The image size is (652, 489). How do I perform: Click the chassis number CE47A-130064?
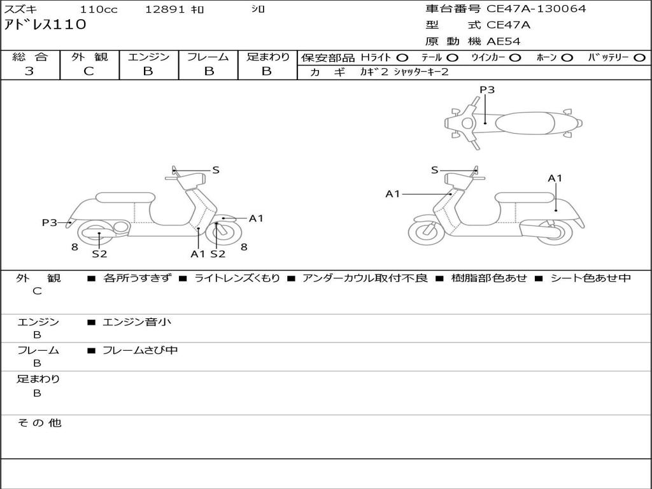[536, 9]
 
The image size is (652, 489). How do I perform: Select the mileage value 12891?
[165, 10]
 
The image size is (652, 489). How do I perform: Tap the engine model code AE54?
[504, 41]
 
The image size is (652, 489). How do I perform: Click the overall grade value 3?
[29, 71]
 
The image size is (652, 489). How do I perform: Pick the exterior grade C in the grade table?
[89, 71]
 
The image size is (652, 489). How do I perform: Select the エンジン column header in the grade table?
[148, 57]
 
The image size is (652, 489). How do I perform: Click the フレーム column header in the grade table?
[208, 57]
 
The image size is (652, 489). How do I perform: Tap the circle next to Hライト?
[403, 57]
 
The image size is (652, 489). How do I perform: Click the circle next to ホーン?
[567, 57]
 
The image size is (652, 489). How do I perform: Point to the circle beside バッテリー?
[640, 57]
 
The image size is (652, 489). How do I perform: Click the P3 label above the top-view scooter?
[487, 90]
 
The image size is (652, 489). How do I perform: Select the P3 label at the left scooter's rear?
[50, 222]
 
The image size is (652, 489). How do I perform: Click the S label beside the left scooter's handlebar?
[216, 170]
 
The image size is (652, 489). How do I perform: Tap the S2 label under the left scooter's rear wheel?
[99, 253]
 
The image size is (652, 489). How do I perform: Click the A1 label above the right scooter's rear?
[555, 178]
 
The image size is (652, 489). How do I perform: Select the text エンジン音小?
[137, 322]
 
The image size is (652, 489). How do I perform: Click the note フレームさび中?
[140, 350]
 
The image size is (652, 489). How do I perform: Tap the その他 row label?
[39, 423]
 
